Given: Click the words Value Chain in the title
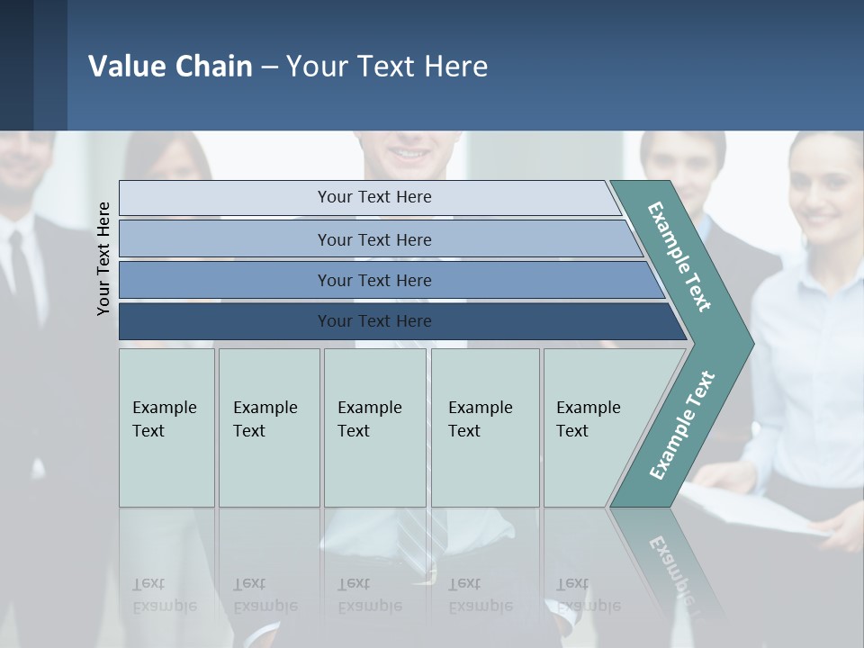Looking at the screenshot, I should (x=170, y=66).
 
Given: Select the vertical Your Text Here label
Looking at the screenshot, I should (x=103, y=258).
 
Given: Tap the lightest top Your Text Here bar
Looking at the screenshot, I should (x=373, y=197).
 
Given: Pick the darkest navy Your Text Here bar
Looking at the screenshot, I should (x=373, y=321).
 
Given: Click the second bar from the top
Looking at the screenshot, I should (x=373, y=239).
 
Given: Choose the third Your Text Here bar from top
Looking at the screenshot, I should (x=373, y=280).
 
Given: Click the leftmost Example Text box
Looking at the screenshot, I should (x=166, y=427).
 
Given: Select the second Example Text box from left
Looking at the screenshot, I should (x=268, y=427).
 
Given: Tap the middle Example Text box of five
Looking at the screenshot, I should (x=374, y=427).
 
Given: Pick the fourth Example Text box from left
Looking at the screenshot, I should (x=484, y=427).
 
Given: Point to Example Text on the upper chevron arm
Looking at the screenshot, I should (x=679, y=256).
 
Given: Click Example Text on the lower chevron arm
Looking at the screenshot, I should (x=682, y=426).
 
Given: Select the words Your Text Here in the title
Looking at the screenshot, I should (x=387, y=66).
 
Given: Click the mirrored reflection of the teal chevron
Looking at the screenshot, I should (x=670, y=558).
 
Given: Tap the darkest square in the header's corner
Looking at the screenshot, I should (x=16, y=65).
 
